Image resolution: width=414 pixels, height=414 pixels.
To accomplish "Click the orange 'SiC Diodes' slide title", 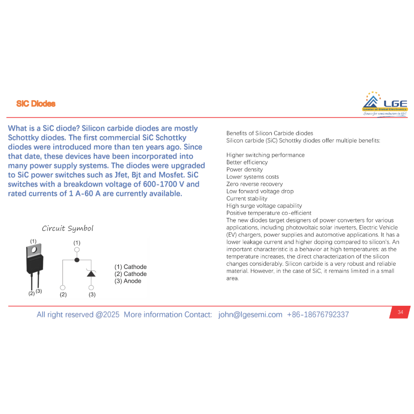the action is click(36, 103).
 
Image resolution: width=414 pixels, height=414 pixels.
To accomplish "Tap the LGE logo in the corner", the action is click(385, 104).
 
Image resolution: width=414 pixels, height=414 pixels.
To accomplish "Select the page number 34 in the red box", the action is click(400, 312).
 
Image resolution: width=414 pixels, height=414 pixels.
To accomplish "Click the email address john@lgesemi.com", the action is click(250, 315).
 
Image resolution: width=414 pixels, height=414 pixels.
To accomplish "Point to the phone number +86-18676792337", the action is click(318, 315).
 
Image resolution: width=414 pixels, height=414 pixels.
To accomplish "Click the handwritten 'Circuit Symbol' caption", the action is click(68, 228).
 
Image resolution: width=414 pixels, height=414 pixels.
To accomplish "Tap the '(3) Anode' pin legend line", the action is click(128, 281).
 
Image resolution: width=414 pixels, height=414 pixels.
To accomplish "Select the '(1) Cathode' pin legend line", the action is click(130, 267).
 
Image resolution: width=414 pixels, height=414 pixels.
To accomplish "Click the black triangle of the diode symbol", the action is click(91, 274).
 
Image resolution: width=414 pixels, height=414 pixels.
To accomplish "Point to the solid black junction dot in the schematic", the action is click(77, 260).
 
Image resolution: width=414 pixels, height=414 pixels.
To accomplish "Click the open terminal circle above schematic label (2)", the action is click(62, 288).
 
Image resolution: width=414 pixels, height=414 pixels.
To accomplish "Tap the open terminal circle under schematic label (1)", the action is click(77, 249).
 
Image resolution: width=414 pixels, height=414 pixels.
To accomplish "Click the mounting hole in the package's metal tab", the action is click(34, 250).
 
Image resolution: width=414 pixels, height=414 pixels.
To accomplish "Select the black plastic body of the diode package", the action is click(35, 264).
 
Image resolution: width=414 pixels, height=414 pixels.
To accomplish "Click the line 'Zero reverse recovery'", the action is click(255, 184).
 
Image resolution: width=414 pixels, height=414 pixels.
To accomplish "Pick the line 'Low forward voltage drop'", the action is click(260, 191).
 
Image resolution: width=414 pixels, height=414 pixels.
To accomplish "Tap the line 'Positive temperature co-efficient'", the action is click(269, 213).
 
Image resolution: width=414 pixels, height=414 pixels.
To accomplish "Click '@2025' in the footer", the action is click(107, 315).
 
